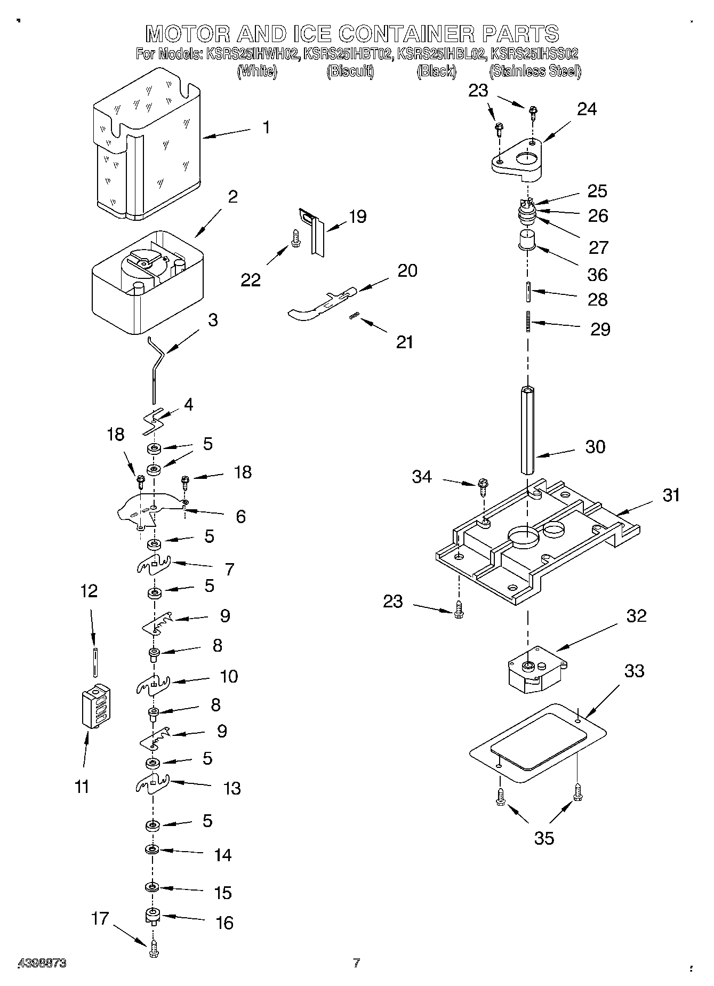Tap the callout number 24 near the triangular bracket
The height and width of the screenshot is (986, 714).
coord(587,109)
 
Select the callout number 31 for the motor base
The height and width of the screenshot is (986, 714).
coord(671,495)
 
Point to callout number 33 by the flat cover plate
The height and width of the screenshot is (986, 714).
coord(634,670)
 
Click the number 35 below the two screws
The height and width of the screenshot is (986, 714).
coord(544,838)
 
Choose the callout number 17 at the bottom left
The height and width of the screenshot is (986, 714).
coord(100,918)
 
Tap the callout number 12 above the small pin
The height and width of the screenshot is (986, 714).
coord(89,591)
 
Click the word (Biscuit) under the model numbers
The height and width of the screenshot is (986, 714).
coord(350,71)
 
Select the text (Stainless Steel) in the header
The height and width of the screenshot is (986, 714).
coord(535,71)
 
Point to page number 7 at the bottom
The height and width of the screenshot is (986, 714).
coord(357,963)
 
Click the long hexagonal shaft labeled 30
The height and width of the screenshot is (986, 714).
coord(527,429)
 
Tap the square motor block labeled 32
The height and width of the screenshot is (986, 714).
coord(535,671)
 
